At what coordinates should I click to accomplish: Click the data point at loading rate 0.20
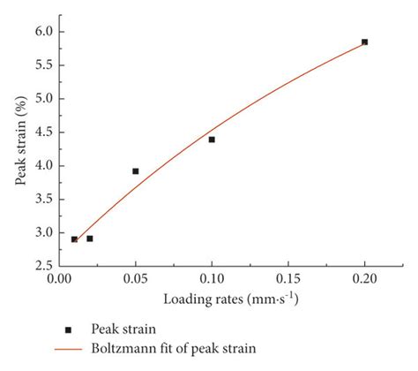[x=364, y=42]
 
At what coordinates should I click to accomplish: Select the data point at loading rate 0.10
[x=212, y=140]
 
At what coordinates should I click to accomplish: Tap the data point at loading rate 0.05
[x=135, y=171]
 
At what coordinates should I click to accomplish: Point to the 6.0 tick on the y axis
[x=43, y=32]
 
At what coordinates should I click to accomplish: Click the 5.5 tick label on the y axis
[x=43, y=65]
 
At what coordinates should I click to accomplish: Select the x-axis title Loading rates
[x=212, y=299]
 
